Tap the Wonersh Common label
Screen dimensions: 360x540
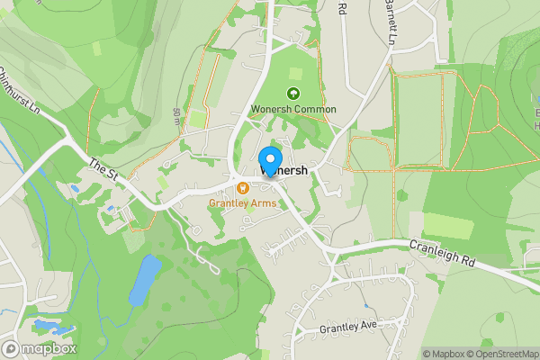(x=292, y=109)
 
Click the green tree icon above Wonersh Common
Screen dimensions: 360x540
(x=292, y=93)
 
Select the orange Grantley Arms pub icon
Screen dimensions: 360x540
(x=243, y=188)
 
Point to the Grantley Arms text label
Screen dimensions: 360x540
(x=243, y=203)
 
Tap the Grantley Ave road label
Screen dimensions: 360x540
(x=347, y=329)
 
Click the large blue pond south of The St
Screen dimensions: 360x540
(x=144, y=279)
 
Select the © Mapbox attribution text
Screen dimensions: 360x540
(x=443, y=353)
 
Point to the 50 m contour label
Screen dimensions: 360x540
(x=176, y=115)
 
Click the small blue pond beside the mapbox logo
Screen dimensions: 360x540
(x=45, y=325)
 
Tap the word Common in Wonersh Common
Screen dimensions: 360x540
(x=315, y=109)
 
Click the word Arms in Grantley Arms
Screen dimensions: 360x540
(x=264, y=203)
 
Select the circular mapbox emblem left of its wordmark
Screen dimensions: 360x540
(x=11, y=348)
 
